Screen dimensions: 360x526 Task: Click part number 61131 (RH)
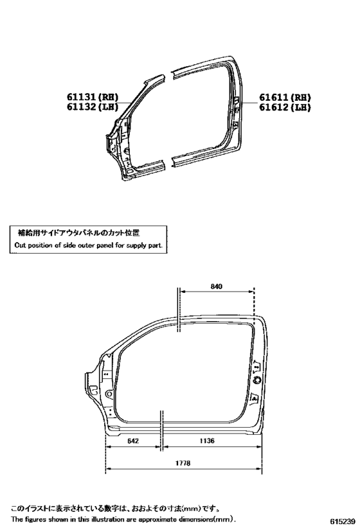click(93, 97)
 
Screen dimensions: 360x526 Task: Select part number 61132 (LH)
click(93, 107)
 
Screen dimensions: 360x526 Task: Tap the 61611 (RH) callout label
click(285, 98)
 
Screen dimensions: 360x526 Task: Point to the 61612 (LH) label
click(285, 107)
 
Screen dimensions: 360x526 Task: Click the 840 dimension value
click(216, 286)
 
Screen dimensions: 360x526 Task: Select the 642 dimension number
click(133, 441)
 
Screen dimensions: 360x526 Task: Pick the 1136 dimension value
click(207, 441)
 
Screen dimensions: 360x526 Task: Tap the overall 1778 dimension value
click(183, 463)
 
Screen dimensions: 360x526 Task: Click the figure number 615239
click(343, 521)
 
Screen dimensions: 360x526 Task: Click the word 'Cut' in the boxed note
click(20, 245)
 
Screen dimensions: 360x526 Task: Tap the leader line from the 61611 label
click(248, 103)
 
